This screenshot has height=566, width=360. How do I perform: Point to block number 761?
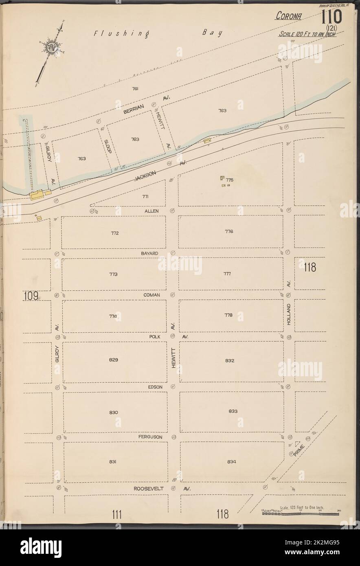click(136, 88)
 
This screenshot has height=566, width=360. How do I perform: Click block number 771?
click(145, 197)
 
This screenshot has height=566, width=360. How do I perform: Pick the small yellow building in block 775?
click(222, 178)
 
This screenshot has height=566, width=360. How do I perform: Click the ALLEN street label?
click(151, 211)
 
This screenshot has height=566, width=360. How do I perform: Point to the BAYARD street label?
click(149, 253)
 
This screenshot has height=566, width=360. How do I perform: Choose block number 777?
click(227, 274)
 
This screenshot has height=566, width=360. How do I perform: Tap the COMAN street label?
click(151, 294)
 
